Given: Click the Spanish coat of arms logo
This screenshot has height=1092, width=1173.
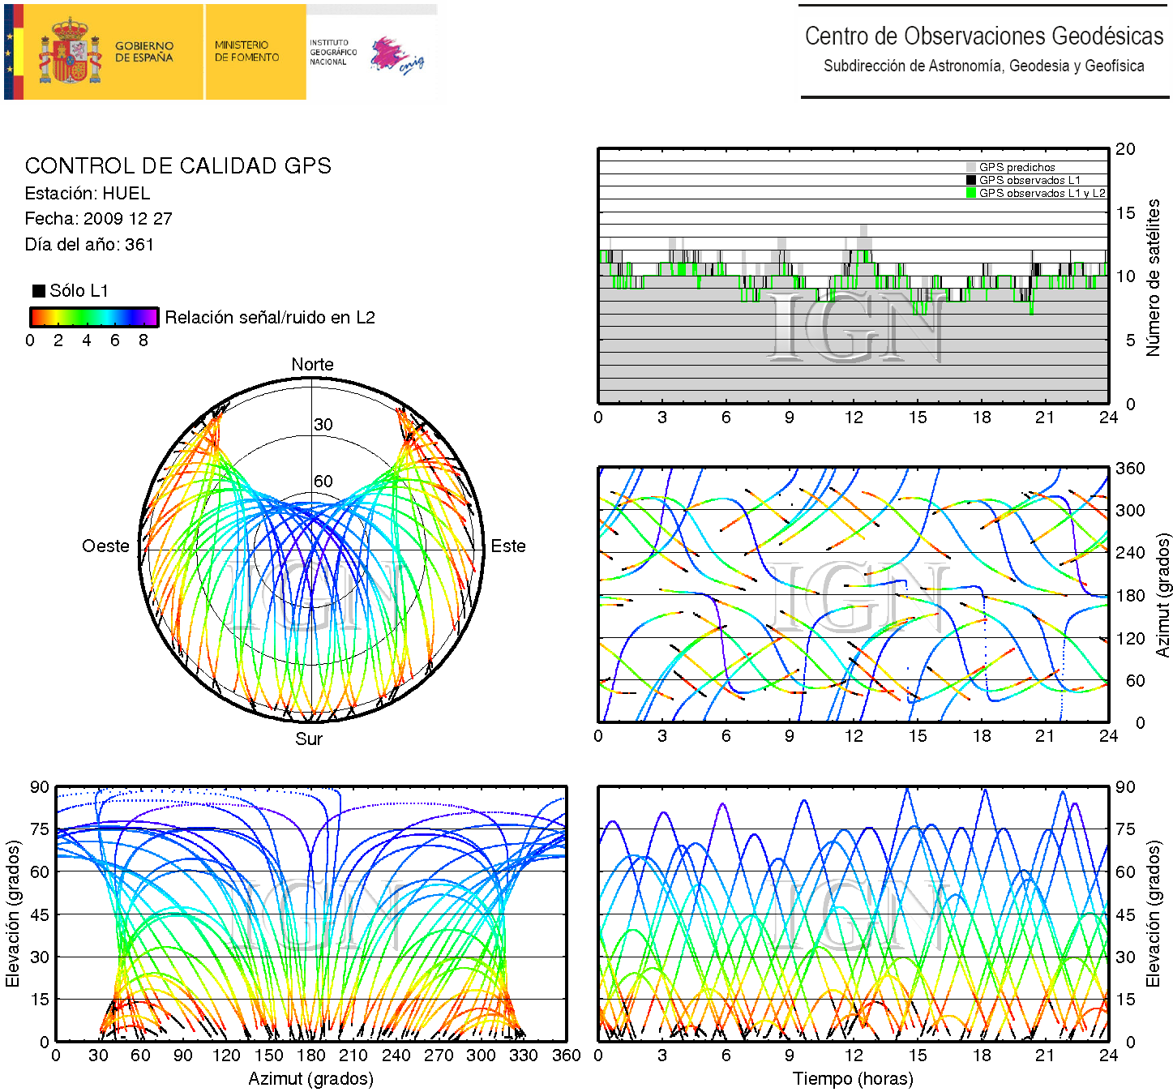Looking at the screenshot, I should click(x=71, y=52).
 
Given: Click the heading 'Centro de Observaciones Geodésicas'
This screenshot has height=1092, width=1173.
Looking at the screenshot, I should click(x=983, y=36).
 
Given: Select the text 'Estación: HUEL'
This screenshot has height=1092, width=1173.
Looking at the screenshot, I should click(x=88, y=194).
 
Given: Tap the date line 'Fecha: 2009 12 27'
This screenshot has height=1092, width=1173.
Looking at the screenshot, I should click(x=98, y=219).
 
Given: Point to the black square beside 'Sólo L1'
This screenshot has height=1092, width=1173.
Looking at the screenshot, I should click(x=39, y=291).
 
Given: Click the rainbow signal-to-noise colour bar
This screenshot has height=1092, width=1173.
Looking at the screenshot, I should click(x=94, y=317).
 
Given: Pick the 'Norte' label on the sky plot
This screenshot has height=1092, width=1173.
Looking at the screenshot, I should click(x=312, y=365).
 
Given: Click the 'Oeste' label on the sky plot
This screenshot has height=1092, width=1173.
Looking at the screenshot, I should click(x=105, y=546).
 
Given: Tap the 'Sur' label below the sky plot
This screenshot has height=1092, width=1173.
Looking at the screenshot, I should click(x=309, y=739).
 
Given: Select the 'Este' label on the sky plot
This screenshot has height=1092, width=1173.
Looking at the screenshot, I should click(x=508, y=546).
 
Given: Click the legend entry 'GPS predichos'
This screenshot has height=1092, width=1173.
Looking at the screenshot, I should click(x=1017, y=168).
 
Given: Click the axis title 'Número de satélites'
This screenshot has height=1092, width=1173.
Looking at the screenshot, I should click(x=1153, y=277).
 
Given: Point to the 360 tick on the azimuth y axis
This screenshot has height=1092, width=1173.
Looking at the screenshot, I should click(x=1130, y=469).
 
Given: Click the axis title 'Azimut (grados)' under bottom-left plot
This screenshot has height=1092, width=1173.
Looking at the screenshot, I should click(x=310, y=1079).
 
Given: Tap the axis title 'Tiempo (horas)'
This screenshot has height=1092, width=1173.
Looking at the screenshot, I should click(x=853, y=1079).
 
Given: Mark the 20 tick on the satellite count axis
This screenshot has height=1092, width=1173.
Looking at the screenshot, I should click(x=1125, y=149).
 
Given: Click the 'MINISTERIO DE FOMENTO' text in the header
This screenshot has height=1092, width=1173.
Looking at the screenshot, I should click(x=246, y=52).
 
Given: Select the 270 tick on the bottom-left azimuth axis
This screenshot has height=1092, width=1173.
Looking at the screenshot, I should click(x=439, y=1056).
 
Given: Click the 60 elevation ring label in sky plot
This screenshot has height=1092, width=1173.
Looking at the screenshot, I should click(x=323, y=482).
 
